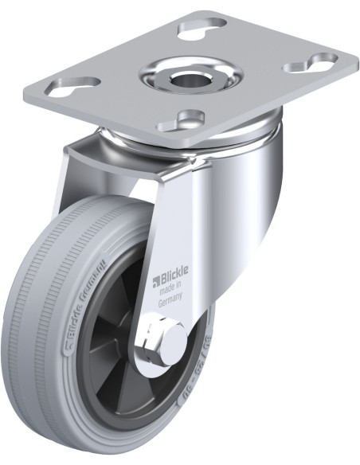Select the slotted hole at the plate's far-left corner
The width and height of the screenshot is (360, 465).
[77, 82]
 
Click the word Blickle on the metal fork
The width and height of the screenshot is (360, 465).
[170, 279]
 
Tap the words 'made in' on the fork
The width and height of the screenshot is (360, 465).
[172, 291]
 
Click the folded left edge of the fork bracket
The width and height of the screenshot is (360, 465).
[70, 171]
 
